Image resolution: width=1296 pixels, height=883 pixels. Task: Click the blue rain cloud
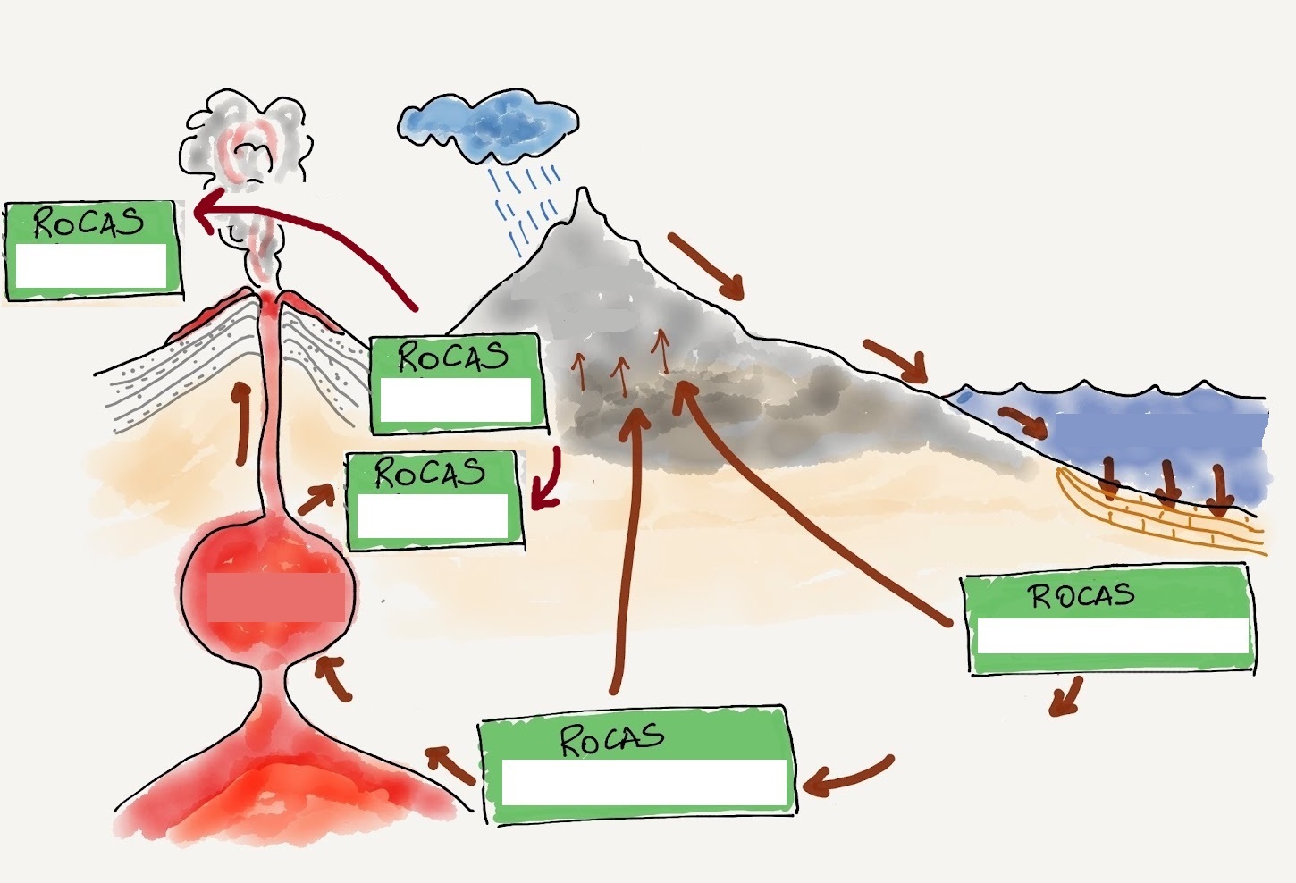tap(488, 125)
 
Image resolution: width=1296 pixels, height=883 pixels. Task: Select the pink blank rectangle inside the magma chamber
tap(276, 598)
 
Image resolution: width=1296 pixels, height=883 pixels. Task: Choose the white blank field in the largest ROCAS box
tap(644, 782)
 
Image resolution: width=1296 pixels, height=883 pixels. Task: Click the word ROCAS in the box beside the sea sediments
tap(1083, 596)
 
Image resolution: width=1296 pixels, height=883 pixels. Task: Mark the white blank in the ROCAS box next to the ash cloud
tap(91, 265)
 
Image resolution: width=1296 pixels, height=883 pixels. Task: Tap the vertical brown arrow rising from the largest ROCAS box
tap(627, 550)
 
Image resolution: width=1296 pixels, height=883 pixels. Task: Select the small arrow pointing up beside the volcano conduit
tap(242, 424)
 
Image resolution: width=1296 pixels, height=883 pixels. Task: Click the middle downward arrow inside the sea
tap(1169, 484)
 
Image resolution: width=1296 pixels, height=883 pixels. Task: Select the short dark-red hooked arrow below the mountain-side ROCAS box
tap(550, 479)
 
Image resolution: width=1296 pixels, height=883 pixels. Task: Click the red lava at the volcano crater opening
tap(267, 301)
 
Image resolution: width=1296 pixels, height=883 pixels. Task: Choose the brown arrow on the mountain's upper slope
tap(706, 266)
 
